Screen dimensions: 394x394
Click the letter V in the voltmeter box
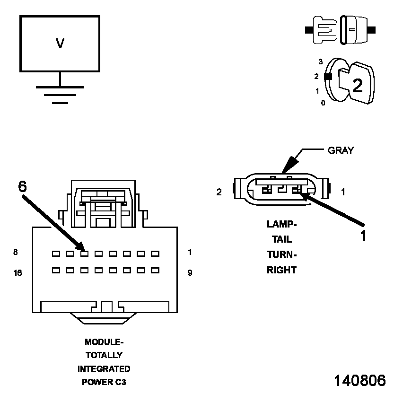pos(60,44)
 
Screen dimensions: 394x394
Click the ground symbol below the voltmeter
pos(60,94)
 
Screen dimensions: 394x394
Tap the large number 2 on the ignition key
pos(357,85)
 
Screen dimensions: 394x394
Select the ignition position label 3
pos(320,61)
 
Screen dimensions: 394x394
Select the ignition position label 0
pos(323,103)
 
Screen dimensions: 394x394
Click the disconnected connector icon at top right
pos(341,30)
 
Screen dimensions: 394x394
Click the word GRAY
pos(341,150)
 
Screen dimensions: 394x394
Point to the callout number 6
pos(23,186)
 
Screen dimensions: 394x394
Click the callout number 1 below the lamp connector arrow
pos(363,235)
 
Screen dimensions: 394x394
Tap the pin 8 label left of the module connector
pos(16,252)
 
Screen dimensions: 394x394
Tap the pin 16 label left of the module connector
pos(18,273)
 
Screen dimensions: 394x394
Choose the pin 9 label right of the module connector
pos(190,273)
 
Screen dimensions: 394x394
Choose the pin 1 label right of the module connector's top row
pos(190,252)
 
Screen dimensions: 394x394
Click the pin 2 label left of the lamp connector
pos(219,193)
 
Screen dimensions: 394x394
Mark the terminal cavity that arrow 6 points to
pos(84,254)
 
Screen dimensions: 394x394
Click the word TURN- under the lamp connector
pos(281,255)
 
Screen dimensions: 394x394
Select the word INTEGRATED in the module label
pos(104,368)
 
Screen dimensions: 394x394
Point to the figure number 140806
pos(360,380)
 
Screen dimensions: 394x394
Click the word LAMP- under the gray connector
pos(281,224)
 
